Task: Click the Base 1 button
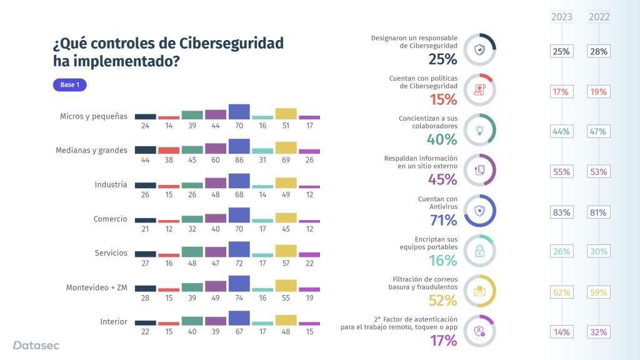coord(69,85)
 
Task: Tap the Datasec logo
coord(36,345)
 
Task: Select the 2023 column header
coord(561,17)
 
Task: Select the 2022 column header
coord(599,17)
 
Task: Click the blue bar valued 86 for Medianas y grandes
coord(239,146)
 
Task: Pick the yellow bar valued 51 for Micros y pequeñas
coord(286,114)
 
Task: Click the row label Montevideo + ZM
coord(97,287)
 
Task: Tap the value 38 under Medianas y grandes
coord(169,161)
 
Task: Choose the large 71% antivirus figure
coord(442,219)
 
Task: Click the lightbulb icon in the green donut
coord(480,130)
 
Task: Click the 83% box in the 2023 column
coord(561,212)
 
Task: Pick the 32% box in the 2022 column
coord(599,332)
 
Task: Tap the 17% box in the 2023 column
coord(561,92)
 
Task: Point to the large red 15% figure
coord(442,99)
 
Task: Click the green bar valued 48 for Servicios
coord(192,251)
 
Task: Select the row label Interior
coord(114,322)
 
